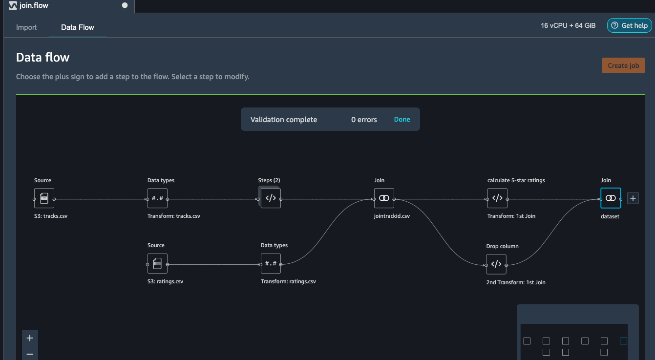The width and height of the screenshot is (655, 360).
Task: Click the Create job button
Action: click(x=623, y=65)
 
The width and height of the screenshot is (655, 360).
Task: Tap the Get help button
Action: click(x=629, y=25)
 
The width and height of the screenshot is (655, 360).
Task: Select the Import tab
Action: click(x=26, y=27)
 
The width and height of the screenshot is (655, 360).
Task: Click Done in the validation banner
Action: click(x=402, y=119)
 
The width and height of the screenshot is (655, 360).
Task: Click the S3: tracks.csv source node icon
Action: click(x=44, y=198)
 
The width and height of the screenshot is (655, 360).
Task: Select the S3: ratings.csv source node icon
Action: click(x=157, y=263)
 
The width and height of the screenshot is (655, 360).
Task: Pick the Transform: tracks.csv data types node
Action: click(x=157, y=198)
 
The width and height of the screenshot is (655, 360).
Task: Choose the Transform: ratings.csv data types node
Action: click(x=271, y=263)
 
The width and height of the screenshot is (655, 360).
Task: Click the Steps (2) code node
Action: click(x=270, y=198)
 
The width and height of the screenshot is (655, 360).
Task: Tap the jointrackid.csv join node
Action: click(x=384, y=198)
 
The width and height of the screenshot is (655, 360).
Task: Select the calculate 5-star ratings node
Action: click(x=497, y=198)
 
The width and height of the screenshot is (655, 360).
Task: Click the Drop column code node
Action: click(x=496, y=264)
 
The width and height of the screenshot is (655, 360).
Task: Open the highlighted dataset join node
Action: click(x=611, y=198)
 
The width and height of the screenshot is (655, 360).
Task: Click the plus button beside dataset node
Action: click(x=633, y=198)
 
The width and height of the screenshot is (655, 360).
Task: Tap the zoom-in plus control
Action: click(x=30, y=338)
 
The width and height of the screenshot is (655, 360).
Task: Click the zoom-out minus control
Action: click(x=30, y=354)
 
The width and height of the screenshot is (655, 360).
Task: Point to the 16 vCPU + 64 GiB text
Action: click(x=568, y=26)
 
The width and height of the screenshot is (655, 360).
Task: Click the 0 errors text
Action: click(x=364, y=120)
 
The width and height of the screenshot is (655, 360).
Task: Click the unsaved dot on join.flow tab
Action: click(x=125, y=5)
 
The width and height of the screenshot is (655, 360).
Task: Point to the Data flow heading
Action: click(x=42, y=57)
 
